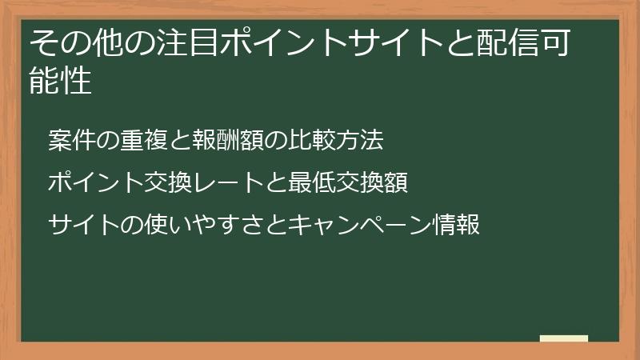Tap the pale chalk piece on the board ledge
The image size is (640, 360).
(x=564, y=338)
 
